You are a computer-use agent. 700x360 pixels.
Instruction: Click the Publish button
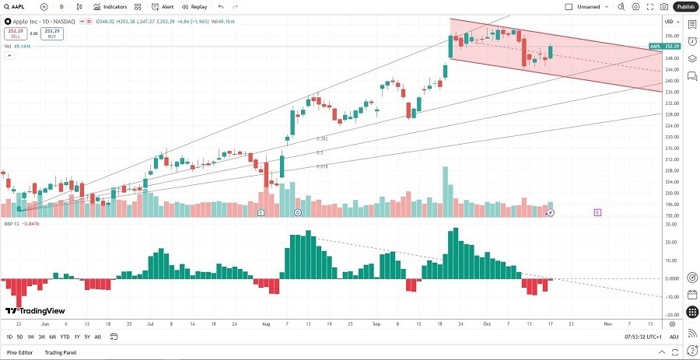(685, 6)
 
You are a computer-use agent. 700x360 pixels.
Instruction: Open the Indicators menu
(110, 6)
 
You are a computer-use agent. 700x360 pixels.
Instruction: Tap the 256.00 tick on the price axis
(669, 36)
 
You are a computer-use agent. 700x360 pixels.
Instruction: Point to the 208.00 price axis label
(669, 170)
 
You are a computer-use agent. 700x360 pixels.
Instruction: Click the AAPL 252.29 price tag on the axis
(666, 47)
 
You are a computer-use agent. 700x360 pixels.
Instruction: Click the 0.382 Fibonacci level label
(320, 138)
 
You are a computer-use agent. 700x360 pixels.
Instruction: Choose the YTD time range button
(65, 337)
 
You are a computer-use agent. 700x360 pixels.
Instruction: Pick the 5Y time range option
(86, 337)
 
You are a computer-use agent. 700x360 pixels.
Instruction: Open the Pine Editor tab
(20, 353)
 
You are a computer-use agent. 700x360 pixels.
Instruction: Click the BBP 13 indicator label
(11, 223)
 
